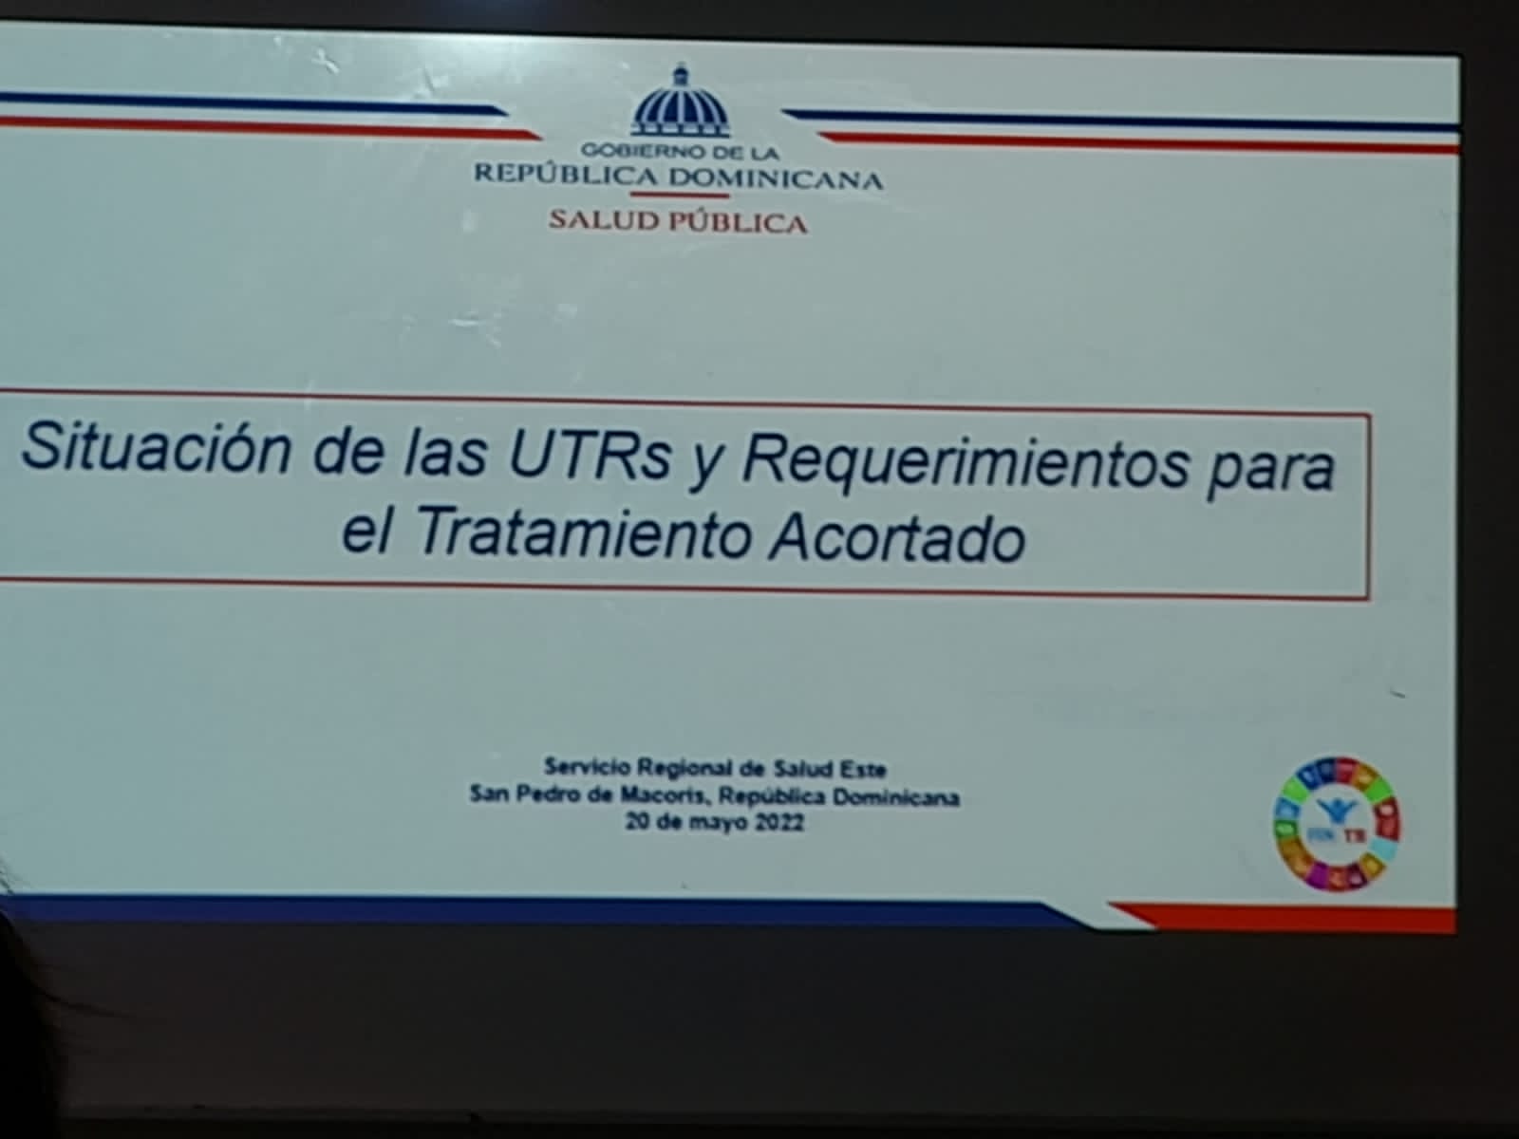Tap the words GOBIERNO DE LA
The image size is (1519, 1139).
[x=680, y=151]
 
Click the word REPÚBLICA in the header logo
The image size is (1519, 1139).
[x=566, y=175]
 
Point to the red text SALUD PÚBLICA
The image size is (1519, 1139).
[x=678, y=221]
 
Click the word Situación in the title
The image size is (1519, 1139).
[x=156, y=447]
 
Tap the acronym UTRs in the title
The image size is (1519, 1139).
[x=590, y=457]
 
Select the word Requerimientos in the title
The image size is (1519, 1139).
[x=965, y=465]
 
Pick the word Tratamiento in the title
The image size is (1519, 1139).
[x=584, y=533]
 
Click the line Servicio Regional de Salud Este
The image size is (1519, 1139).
[x=715, y=768]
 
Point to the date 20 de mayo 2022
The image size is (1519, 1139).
[x=714, y=822]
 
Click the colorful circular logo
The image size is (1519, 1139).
[x=1337, y=824]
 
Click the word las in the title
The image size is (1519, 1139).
[x=445, y=453]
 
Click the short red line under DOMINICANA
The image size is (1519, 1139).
[x=680, y=195]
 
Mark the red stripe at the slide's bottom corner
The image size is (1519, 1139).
[x=1287, y=916]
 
